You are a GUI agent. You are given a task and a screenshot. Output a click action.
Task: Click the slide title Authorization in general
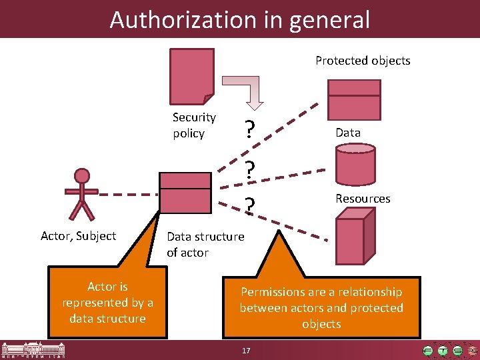[239, 19]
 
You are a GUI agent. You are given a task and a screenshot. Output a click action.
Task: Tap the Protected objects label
[363, 61]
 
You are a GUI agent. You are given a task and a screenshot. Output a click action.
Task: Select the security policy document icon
[193, 73]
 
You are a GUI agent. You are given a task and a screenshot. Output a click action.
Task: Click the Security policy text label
[194, 125]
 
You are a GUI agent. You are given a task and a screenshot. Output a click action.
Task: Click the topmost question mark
[249, 129]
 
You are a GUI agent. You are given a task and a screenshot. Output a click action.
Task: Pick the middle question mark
[249, 171]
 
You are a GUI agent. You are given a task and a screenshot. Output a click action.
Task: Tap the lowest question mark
[249, 207]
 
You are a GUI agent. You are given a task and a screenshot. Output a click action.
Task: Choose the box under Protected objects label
[353, 98]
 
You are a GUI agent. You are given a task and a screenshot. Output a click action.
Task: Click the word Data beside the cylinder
[348, 133]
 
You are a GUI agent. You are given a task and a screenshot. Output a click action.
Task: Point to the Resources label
[363, 199]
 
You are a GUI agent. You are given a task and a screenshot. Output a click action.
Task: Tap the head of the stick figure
[82, 176]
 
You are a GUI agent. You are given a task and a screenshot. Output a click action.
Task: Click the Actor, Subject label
[78, 236]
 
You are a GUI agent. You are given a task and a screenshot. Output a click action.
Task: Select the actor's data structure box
[185, 192]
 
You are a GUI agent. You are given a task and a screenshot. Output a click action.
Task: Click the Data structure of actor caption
[205, 245]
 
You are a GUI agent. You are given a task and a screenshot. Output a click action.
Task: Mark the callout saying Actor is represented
[108, 303]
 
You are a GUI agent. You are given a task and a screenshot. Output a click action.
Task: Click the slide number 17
[246, 351]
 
